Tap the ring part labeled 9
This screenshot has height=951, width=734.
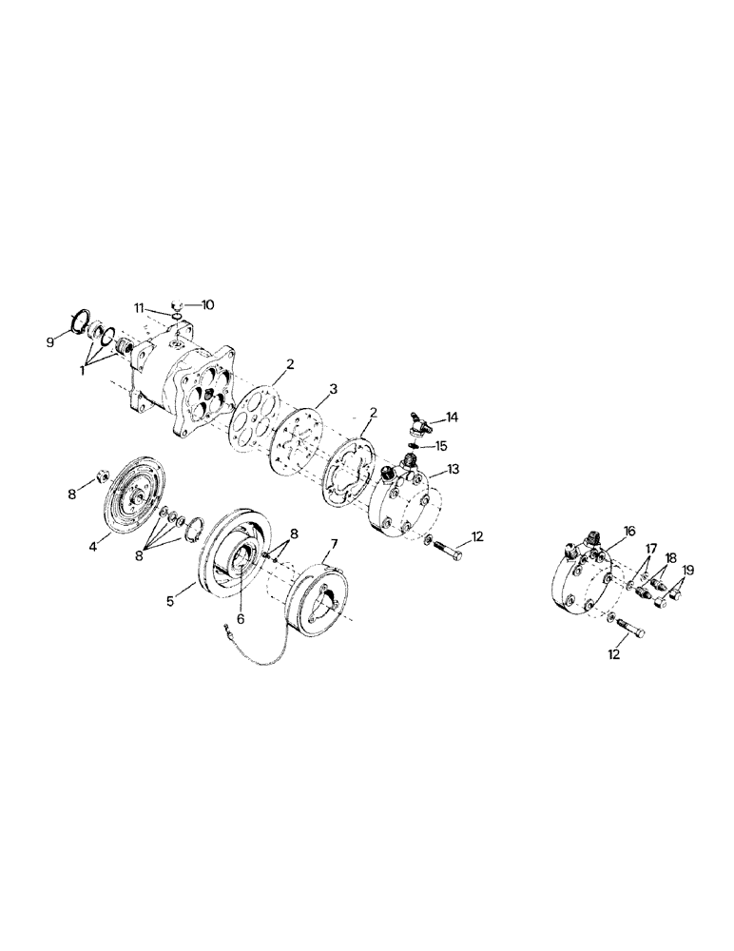pos(81,323)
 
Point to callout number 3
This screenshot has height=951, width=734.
pos(333,388)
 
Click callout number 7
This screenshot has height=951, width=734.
pos(332,543)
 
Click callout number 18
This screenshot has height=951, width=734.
pos(671,558)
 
